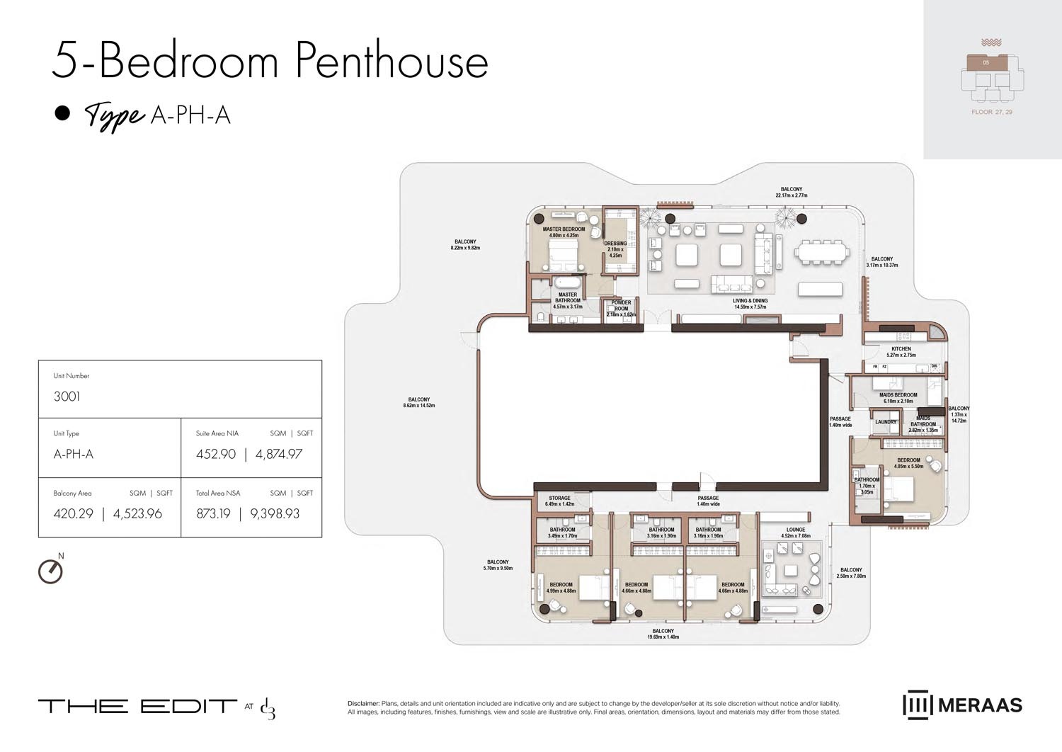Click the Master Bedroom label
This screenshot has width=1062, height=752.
tap(564, 229)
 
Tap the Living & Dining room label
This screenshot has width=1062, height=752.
tap(750, 301)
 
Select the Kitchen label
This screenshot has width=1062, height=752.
tap(901, 349)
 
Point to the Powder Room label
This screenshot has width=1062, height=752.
tap(621, 305)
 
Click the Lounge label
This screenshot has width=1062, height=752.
tap(795, 530)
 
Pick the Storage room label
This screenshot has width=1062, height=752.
tap(559, 499)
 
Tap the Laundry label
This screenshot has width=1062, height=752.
tap(886, 422)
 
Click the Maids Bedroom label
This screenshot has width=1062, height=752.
tap(898, 395)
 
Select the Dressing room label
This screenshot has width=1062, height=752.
tap(615, 244)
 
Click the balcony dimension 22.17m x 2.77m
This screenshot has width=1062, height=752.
tap(792, 195)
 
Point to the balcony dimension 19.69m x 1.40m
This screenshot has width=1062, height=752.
tap(663, 637)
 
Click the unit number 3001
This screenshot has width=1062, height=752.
tap(67, 397)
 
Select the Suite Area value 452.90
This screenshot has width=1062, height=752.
tap(216, 455)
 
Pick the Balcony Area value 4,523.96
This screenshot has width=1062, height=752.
tap(137, 514)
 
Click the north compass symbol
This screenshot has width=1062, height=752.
tap(50, 571)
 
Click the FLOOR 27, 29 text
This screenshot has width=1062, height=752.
tap(991, 112)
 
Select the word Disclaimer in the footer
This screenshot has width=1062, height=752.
tap(363, 703)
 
